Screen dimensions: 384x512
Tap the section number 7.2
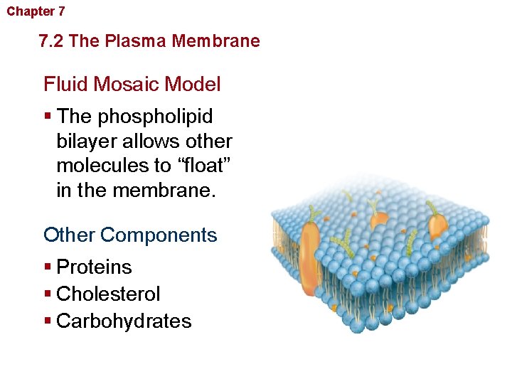coord(53,41)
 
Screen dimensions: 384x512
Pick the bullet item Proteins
coord(94,267)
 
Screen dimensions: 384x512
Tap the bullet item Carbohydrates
coord(124,321)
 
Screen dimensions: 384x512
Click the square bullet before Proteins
coord(48,267)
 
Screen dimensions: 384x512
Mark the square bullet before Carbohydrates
coord(48,321)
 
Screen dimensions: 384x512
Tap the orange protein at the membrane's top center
coord(379,219)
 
